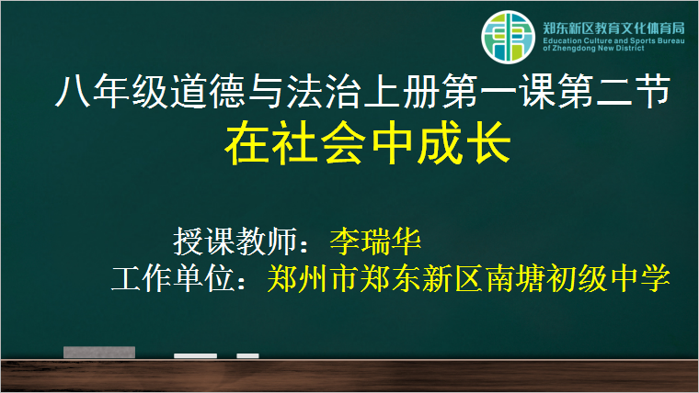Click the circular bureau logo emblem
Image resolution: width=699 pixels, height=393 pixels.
508,37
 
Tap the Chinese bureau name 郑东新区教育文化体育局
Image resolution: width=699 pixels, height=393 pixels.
613,28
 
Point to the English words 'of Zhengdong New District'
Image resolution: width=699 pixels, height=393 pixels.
593,48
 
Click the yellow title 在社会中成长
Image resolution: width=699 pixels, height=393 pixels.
368,143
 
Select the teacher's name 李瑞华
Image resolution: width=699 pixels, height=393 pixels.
375,241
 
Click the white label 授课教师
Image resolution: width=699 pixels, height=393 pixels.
235,241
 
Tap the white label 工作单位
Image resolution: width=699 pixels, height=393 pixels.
173,278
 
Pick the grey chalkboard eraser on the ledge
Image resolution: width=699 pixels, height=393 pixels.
99,352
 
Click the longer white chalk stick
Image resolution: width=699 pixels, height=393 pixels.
195,355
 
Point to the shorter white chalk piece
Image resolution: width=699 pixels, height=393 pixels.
247,355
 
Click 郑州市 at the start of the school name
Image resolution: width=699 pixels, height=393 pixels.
312,278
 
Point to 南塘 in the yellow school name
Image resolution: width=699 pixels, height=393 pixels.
514,278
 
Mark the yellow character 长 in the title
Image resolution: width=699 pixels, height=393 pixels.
488,143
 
